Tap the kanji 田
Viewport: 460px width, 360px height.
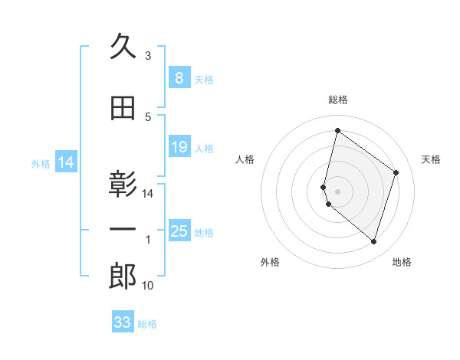click(x=123, y=110)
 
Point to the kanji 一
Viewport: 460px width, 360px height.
click(x=123, y=231)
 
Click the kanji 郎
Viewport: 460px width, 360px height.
click(x=123, y=277)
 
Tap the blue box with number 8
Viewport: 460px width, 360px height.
click(x=179, y=78)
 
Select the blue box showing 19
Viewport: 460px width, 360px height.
click(x=179, y=148)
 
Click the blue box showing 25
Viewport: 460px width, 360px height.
click(x=179, y=232)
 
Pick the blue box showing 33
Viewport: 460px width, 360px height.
click(x=123, y=322)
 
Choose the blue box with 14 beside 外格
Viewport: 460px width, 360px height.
click(x=65, y=162)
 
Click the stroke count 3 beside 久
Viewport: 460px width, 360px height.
click(x=148, y=56)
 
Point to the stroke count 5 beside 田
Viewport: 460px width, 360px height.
click(x=148, y=117)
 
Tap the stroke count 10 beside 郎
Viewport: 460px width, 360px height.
click(x=148, y=286)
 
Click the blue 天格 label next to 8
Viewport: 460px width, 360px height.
click(x=204, y=79)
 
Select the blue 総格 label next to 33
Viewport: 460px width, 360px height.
click(x=147, y=324)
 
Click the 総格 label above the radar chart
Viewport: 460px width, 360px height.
click(x=337, y=100)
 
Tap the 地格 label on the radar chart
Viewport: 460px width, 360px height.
click(x=402, y=263)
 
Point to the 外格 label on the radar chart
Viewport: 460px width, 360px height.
click(x=270, y=263)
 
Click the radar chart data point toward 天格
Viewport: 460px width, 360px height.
click(x=396, y=172)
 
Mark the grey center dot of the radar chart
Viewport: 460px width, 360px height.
click(x=337, y=191)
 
